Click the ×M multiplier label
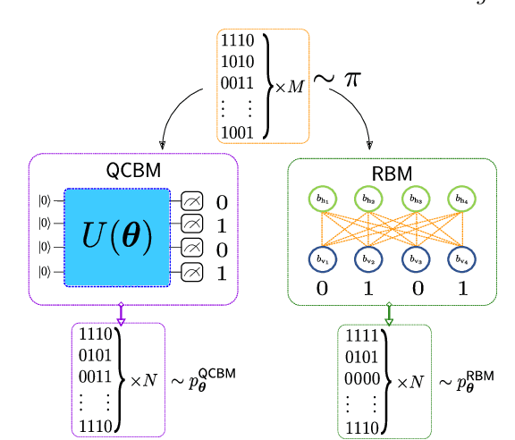(289, 87)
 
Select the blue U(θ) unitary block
(117, 238)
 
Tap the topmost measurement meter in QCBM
(191, 201)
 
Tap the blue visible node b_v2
(367, 258)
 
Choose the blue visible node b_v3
(413, 258)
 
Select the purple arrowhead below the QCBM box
(122, 316)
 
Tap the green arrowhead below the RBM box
(389, 316)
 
